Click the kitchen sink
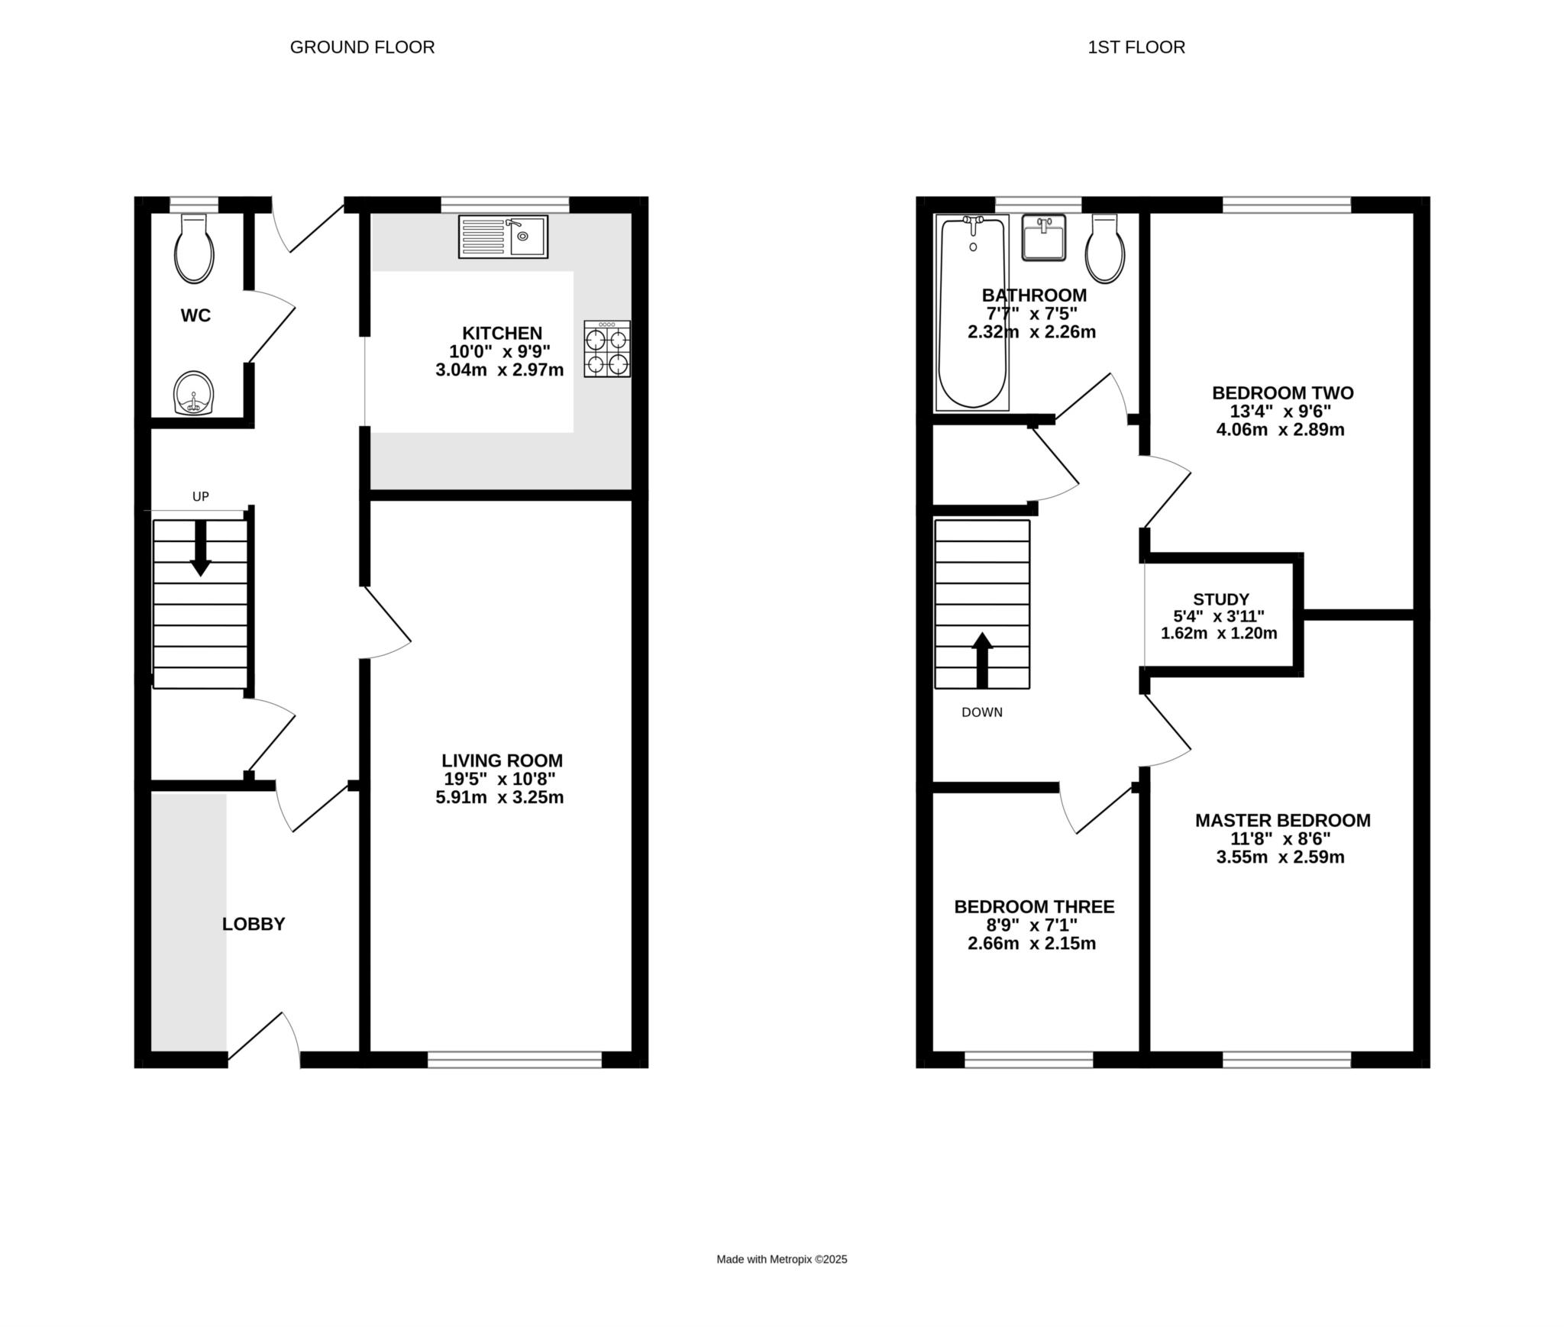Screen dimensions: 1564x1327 click(x=503, y=237)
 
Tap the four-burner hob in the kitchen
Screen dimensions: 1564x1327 click(x=608, y=349)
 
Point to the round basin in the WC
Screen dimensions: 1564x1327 click(x=194, y=393)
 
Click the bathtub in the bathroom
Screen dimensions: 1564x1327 click(x=972, y=312)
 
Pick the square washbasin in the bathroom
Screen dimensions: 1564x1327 click(x=1043, y=237)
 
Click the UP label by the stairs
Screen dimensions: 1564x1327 click(x=201, y=497)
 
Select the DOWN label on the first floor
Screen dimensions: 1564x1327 click(x=982, y=712)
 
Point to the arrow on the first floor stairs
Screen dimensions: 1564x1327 click(x=982, y=660)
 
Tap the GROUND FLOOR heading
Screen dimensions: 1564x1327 click(x=362, y=47)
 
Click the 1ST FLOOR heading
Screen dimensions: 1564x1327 click(x=1136, y=47)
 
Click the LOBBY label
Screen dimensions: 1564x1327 click(x=254, y=925)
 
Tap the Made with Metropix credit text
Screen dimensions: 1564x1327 click(x=782, y=1260)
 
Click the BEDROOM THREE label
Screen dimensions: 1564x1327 click(x=1034, y=907)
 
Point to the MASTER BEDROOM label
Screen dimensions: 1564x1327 click(x=1283, y=821)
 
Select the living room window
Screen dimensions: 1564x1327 click(x=515, y=1059)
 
